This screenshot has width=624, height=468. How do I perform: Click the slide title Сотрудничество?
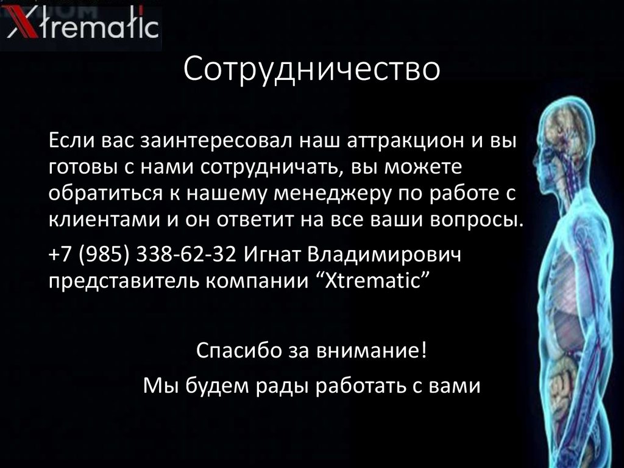coord(311,69)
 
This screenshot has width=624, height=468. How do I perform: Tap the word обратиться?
coord(101,193)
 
